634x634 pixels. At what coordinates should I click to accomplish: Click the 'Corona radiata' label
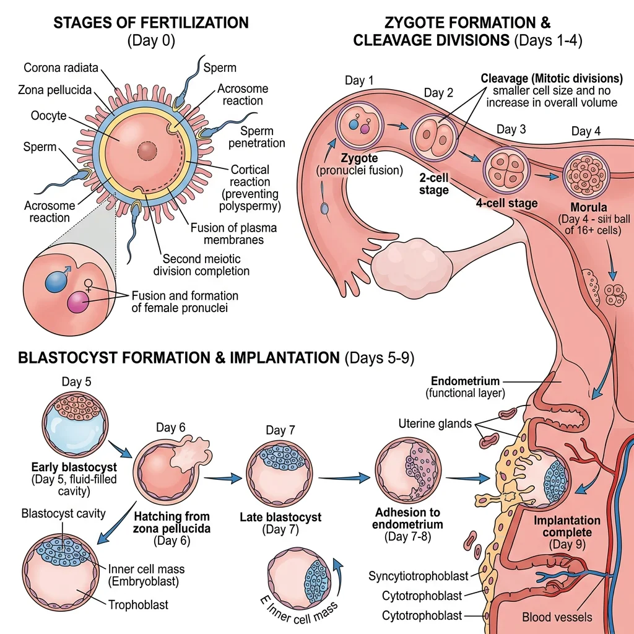click(61, 68)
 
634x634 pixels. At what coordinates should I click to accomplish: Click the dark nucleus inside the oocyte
click(147, 150)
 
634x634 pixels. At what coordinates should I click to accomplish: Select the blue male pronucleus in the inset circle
click(55, 282)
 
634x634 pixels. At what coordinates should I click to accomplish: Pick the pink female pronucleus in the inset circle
click(78, 303)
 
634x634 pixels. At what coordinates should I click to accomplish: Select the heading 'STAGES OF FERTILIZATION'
click(150, 24)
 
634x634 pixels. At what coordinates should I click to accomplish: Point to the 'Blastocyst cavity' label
click(63, 513)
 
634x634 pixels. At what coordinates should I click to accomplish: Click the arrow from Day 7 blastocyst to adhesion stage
click(343, 478)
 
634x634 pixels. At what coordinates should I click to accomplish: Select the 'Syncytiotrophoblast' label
click(419, 576)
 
